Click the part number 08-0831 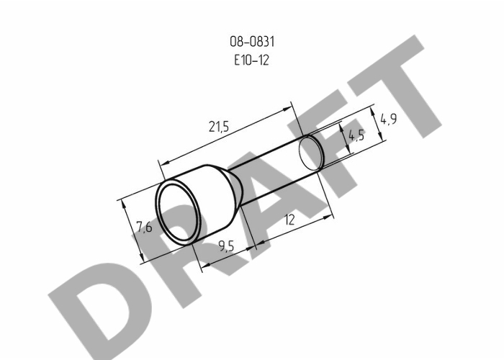(252, 42)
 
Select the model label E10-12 (251, 60)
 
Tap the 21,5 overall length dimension (219, 127)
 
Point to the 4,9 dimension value (389, 120)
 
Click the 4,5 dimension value (356, 135)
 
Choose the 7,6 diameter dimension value (144, 228)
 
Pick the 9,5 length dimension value (226, 246)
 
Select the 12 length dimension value (289, 220)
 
